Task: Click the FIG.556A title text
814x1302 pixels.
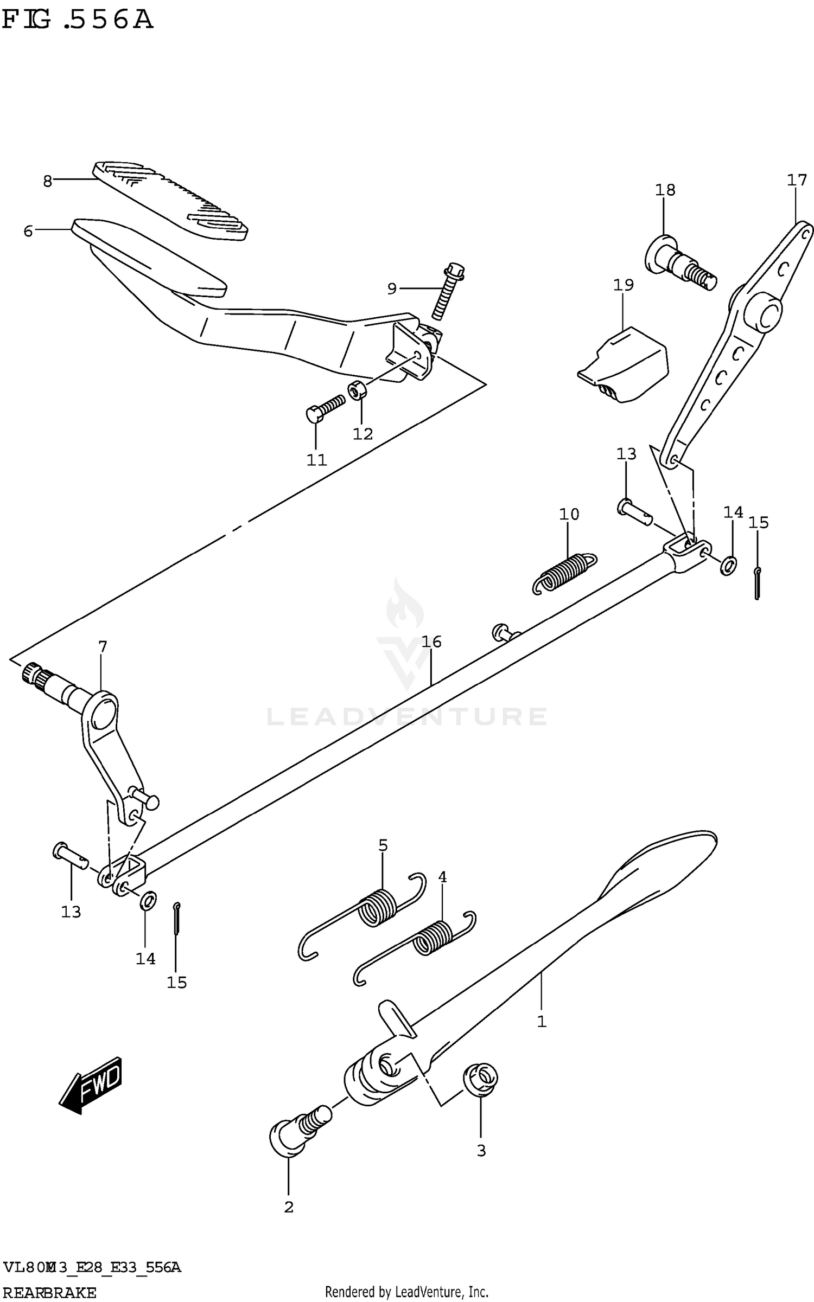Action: (77, 20)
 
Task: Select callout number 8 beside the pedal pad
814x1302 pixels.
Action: (48, 181)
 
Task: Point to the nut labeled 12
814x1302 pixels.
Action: (356, 389)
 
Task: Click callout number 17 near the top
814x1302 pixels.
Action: (797, 180)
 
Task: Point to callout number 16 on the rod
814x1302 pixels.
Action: (432, 642)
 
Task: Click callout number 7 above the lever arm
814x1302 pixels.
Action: (103, 646)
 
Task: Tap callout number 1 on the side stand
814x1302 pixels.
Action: (541, 1022)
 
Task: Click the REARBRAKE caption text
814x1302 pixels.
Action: (49, 1293)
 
